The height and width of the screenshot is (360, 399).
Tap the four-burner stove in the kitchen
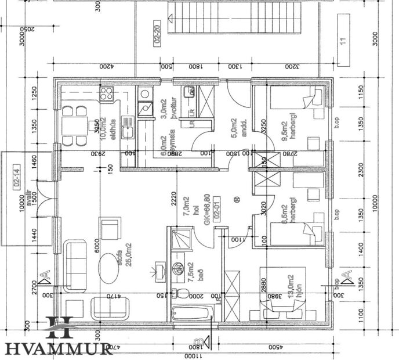106,94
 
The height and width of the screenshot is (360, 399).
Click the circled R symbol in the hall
237,200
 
